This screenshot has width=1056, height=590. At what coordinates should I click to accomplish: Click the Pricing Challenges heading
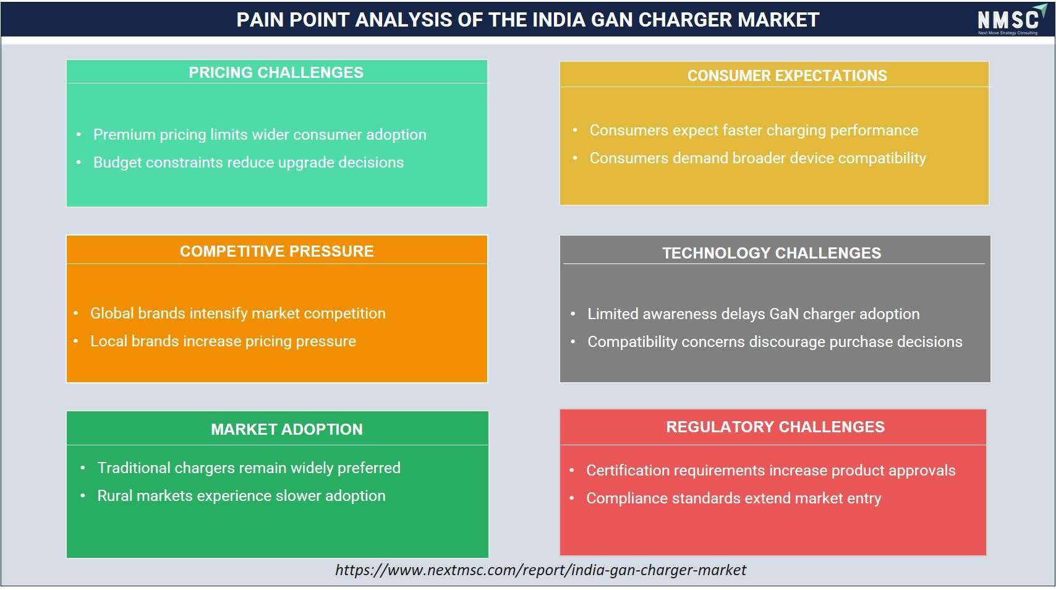point(276,72)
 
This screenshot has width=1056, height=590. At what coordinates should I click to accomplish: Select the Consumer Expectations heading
point(787,75)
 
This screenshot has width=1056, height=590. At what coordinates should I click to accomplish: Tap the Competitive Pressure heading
point(277,251)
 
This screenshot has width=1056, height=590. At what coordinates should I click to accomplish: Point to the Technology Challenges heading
point(772,253)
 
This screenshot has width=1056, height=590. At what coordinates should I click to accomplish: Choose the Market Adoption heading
point(287,429)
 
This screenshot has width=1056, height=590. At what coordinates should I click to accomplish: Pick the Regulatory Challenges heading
point(775,427)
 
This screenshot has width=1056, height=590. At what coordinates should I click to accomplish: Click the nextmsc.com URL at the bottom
point(541,570)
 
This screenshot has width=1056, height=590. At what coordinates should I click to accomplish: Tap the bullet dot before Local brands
point(76,341)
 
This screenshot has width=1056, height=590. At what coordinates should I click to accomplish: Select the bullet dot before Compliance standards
point(572,498)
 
